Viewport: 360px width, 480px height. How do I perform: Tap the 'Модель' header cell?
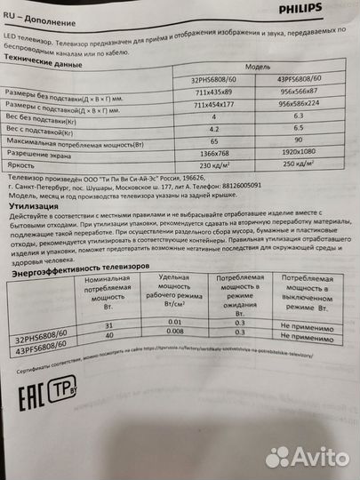click(x=259, y=67)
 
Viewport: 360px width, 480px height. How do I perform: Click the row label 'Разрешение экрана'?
click(x=44, y=154)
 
